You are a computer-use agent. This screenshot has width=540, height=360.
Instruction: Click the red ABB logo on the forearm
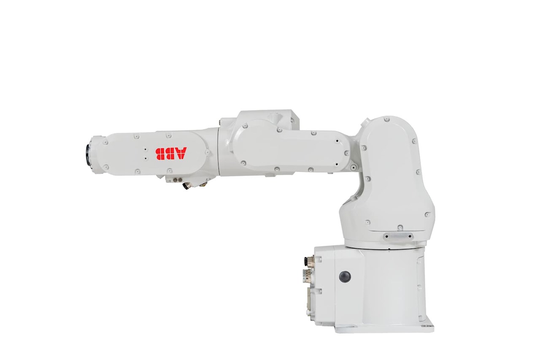point(171,154)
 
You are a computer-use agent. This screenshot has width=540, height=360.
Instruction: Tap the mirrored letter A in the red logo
point(181,154)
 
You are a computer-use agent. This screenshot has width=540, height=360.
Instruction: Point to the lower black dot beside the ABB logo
point(146,158)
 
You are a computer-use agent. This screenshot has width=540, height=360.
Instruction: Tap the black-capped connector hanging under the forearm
point(186,186)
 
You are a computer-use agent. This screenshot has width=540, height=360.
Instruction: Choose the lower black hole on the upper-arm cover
point(337,165)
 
